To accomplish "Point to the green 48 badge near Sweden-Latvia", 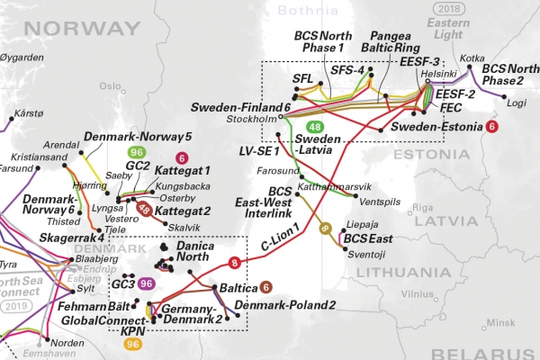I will (315, 128).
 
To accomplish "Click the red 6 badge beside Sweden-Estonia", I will (491, 127).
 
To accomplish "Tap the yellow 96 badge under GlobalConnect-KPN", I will (133, 343).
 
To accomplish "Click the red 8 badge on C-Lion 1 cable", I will (235, 263).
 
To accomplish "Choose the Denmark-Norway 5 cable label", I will (138, 137).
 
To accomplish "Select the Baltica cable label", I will (232, 288).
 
